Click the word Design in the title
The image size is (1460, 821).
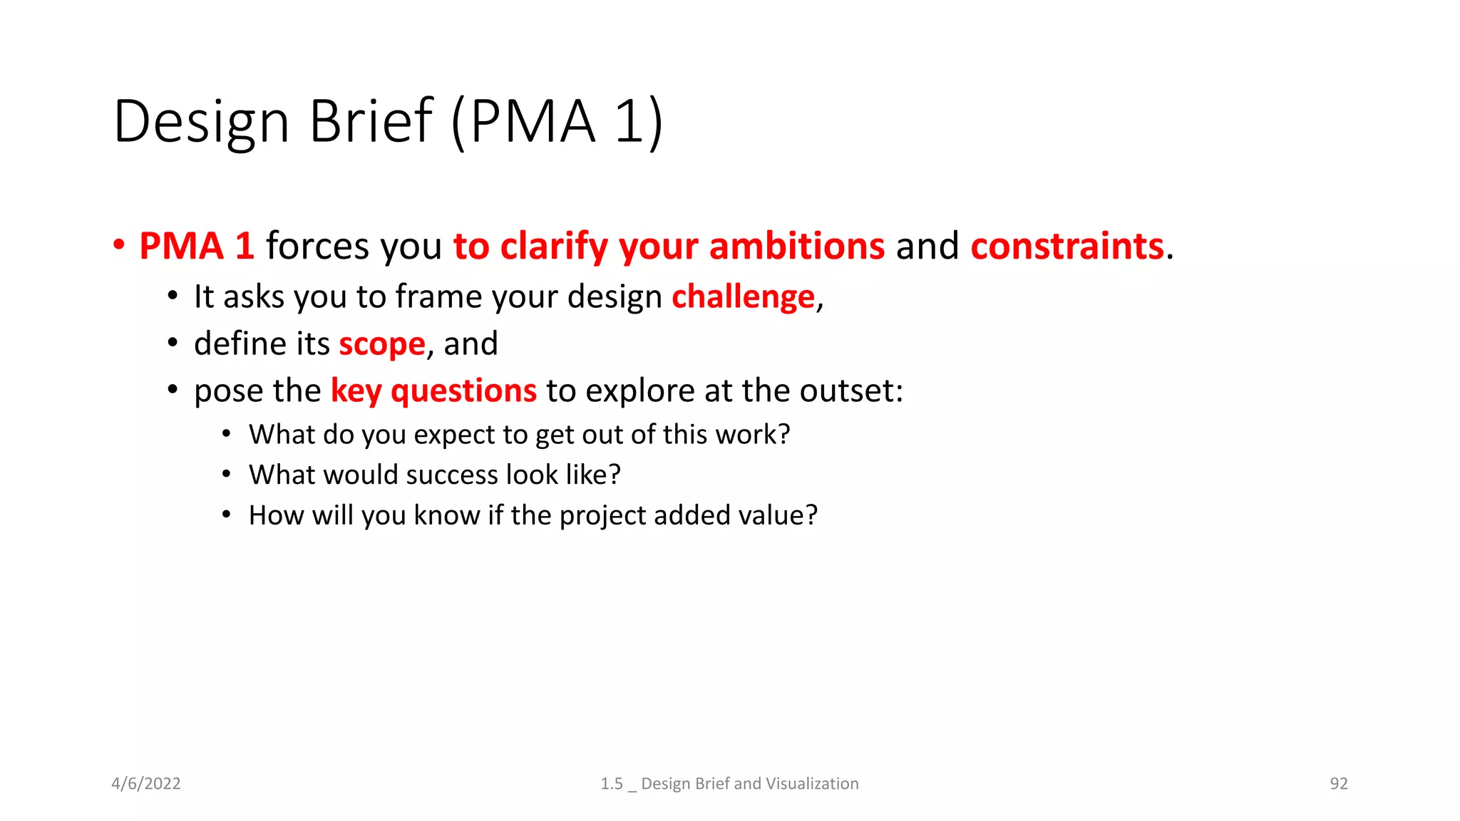click(201, 122)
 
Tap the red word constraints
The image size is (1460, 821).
click(1067, 246)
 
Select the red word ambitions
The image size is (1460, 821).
click(797, 246)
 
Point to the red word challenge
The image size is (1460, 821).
click(743, 296)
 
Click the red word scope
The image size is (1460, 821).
click(382, 344)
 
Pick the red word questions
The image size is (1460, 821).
click(463, 391)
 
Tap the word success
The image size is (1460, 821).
click(452, 475)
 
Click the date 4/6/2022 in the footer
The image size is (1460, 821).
click(146, 783)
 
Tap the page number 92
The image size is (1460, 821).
click(1339, 783)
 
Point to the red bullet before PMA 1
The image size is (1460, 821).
click(119, 246)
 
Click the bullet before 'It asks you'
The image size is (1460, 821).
click(173, 296)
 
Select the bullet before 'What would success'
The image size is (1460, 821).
click(226, 475)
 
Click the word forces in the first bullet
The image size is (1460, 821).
click(318, 246)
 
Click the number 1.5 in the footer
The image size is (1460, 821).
click(612, 783)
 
